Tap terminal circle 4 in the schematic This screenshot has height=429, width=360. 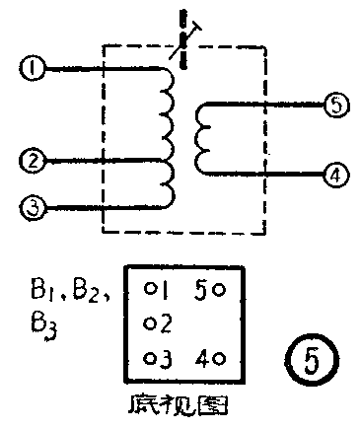pyautogui.click(x=335, y=174)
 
